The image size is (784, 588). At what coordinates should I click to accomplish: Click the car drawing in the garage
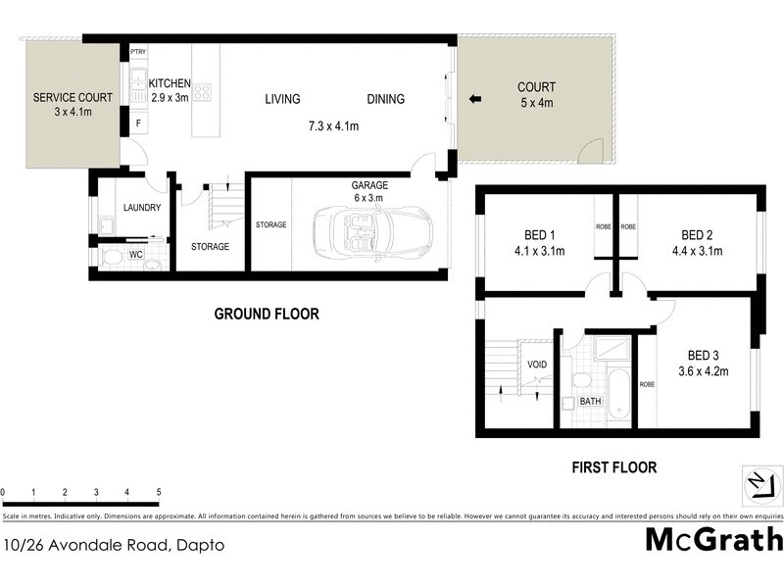[353, 233]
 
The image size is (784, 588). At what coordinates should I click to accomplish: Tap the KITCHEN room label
[170, 83]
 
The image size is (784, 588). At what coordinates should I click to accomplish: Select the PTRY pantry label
[137, 52]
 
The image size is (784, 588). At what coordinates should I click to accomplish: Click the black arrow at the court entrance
[474, 99]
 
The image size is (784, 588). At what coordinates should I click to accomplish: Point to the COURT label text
[536, 87]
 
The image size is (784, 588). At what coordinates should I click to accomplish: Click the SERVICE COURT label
[73, 97]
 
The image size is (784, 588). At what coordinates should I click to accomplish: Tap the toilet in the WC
[114, 257]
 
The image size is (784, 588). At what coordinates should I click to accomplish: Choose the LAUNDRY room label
[142, 207]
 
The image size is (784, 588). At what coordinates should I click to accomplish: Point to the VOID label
[536, 365]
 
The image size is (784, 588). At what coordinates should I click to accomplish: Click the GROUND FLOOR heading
[267, 315]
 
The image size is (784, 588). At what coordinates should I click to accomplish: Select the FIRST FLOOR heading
[613, 467]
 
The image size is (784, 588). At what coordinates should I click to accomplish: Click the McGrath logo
[714, 539]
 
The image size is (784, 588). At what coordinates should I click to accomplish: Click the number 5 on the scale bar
[158, 491]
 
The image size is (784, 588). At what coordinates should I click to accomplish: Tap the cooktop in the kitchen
[204, 94]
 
